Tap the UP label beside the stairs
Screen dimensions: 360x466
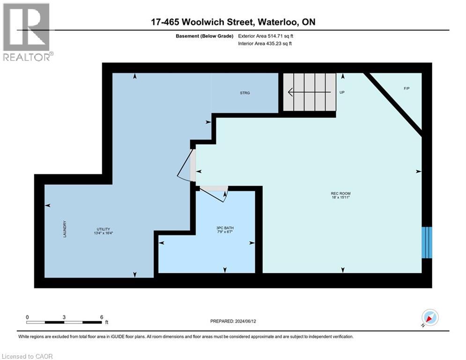342,93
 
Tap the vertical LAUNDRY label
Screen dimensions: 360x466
65,229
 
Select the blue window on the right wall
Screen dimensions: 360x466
426,242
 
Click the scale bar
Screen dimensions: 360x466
64,322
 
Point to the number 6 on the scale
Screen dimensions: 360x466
102,317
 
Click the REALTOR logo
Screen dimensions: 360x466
27,31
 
